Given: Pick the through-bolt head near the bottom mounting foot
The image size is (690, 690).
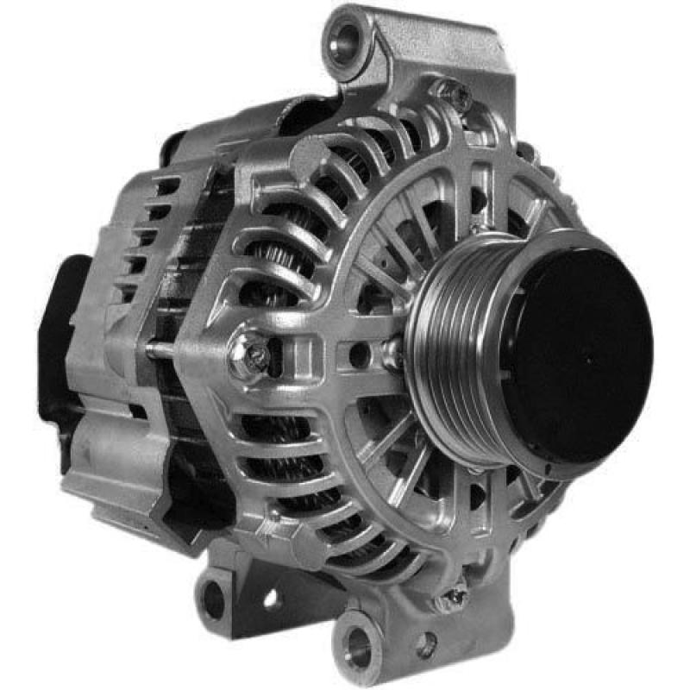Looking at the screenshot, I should click(x=455, y=595).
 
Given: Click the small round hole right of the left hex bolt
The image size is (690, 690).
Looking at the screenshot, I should click(x=355, y=352).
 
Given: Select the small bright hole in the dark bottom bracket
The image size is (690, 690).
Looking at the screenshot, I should click(x=270, y=597).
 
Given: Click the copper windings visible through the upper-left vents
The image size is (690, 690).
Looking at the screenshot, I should click(x=276, y=259).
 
